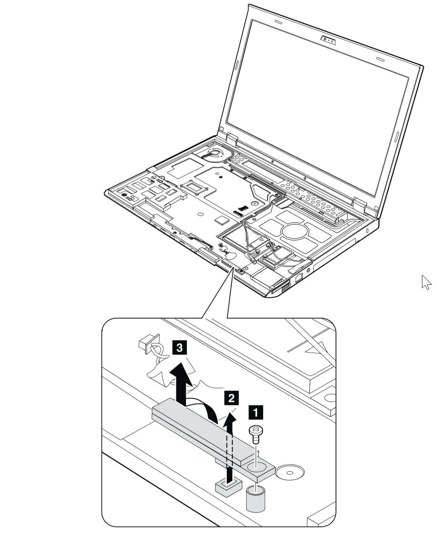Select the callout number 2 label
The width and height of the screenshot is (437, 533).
231,397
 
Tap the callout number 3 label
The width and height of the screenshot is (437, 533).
179,348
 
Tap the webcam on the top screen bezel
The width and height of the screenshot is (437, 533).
328,40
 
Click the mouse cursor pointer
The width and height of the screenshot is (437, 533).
426,282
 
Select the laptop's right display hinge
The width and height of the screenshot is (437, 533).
359,205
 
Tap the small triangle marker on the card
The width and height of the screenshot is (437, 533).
260,240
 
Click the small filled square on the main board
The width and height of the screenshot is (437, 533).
221,219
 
